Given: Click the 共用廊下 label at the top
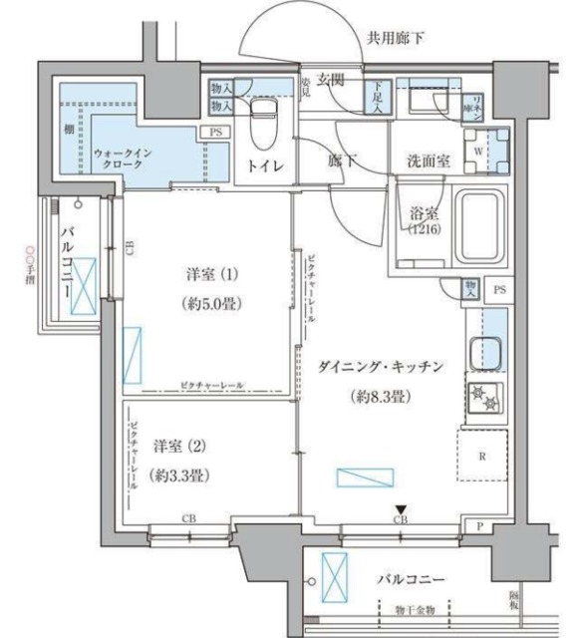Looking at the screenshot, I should (x=397, y=39).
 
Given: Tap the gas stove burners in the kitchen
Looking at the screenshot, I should (x=486, y=398).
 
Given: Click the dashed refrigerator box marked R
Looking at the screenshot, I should (x=483, y=459).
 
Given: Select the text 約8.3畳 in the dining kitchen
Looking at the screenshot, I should (x=380, y=396).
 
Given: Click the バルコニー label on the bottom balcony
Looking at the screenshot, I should (x=411, y=578).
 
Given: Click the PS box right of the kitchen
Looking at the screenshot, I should (x=499, y=290).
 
